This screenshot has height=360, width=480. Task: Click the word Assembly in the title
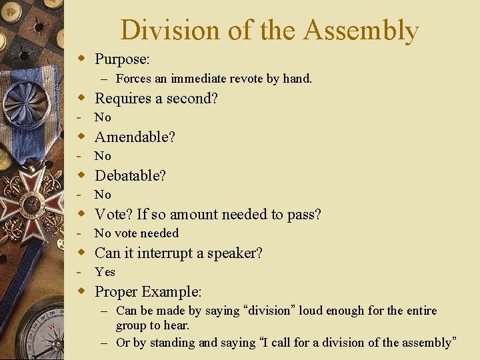tap(360, 31)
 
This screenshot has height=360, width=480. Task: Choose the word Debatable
tap(129, 176)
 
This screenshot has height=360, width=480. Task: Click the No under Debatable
tap(103, 195)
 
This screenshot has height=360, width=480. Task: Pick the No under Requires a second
tap(103, 117)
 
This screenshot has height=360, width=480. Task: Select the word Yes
tap(105, 272)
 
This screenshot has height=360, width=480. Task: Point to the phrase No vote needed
tap(137, 233)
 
